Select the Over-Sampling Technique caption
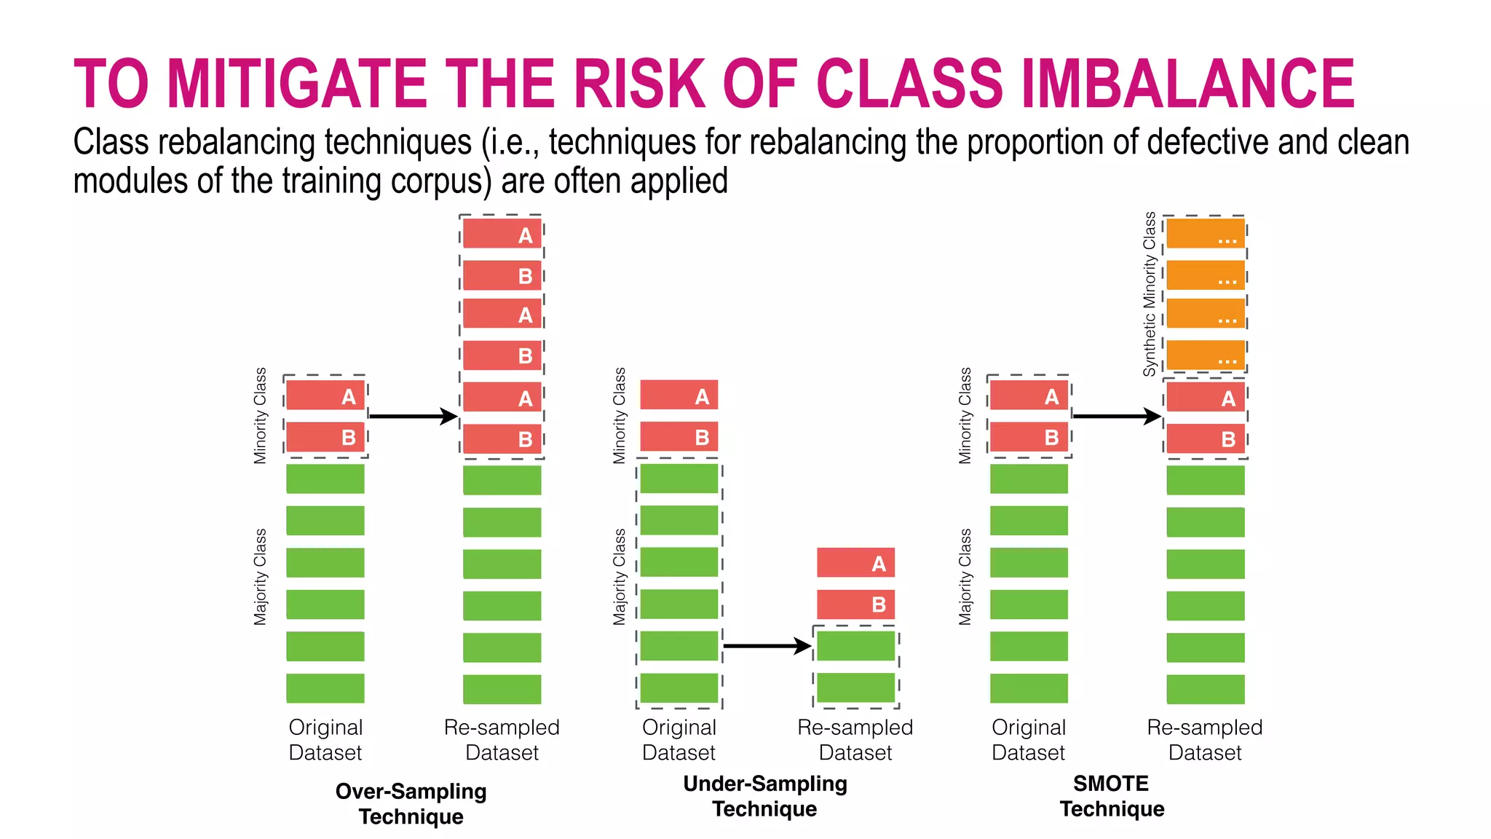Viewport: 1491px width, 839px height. [x=411, y=803]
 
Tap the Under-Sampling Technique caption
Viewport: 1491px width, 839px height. [x=764, y=796]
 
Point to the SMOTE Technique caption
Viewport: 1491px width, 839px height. [x=1112, y=796]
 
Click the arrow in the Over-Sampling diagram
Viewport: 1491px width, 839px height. [x=413, y=417]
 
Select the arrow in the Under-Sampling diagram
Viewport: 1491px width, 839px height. [x=767, y=646]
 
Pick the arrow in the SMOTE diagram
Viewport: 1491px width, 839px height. [x=1116, y=417]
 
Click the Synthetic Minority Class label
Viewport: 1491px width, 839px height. [x=1150, y=294]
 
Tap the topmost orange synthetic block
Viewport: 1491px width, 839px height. [x=1206, y=234]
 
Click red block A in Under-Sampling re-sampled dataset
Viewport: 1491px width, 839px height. [x=855, y=563]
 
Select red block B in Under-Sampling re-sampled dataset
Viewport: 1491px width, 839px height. [x=855, y=604]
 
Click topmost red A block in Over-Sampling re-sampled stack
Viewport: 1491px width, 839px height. [x=502, y=235]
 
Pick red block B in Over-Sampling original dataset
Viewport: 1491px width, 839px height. [x=325, y=437]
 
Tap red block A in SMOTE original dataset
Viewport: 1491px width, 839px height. [x=1029, y=395]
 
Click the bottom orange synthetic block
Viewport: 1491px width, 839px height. [x=1206, y=355]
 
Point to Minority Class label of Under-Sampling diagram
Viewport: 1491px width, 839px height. [x=620, y=416]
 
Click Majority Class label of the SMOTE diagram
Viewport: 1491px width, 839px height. [x=965, y=577]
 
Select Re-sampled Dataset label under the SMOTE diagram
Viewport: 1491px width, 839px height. [x=1205, y=739]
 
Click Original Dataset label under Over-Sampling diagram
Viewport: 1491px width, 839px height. [x=325, y=739]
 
